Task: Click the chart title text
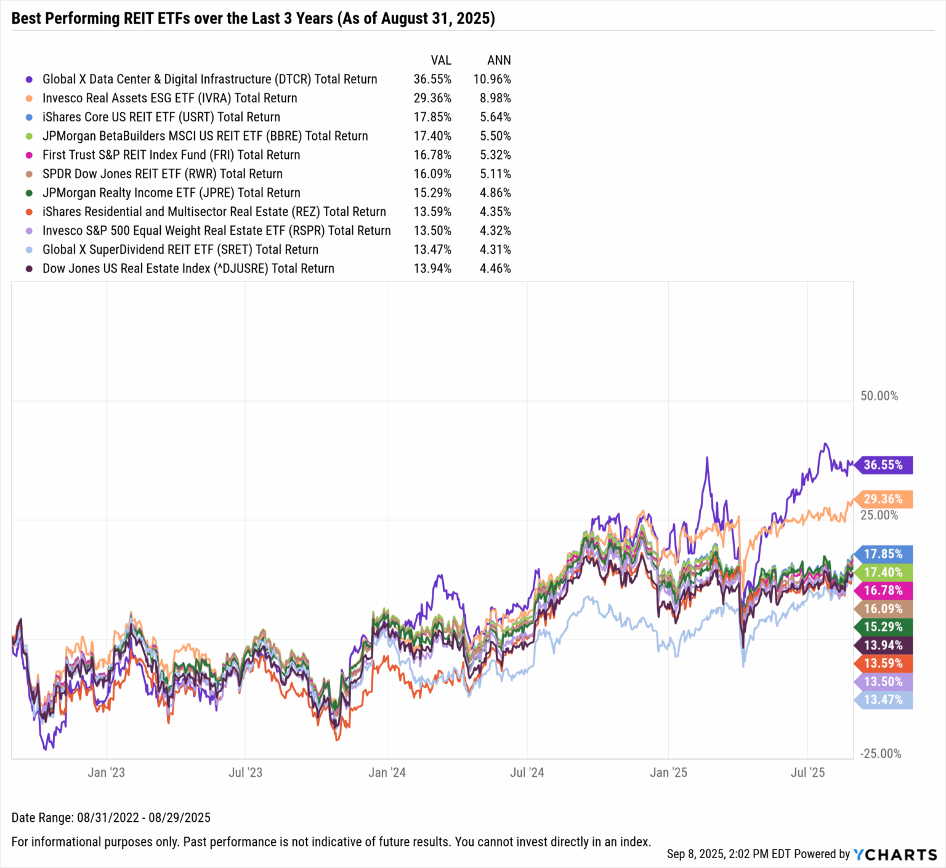(x=253, y=18)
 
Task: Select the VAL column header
(x=440, y=60)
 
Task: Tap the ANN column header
(x=498, y=60)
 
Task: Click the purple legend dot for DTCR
(x=29, y=79)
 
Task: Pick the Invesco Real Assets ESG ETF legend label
(x=169, y=99)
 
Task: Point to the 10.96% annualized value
(x=491, y=79)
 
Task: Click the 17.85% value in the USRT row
(x=432, y=117)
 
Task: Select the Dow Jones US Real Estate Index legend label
(x=188, y=269)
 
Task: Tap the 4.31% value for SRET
(x=495, y=249)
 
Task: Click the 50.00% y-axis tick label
(x=879, y=396)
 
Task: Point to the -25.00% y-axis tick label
(x=881, y=754)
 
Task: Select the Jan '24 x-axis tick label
(x=387, y=773)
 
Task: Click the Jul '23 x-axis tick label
(x=245, y=773)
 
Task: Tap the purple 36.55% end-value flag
(x=883, y=465)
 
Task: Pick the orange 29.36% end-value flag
(x=883, y=499)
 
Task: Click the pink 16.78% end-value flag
(x=883, y=591)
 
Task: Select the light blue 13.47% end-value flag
(x=883, y=700)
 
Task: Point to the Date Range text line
(x=111, y=818)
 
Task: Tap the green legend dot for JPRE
(x=29, y=193)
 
